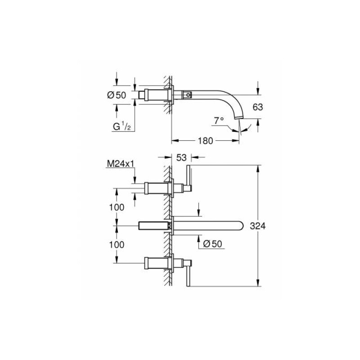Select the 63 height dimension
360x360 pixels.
click(x=257, y=107)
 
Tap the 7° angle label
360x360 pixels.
click(x=219, y=121)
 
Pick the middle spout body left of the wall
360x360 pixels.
click(x=153, y=226)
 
